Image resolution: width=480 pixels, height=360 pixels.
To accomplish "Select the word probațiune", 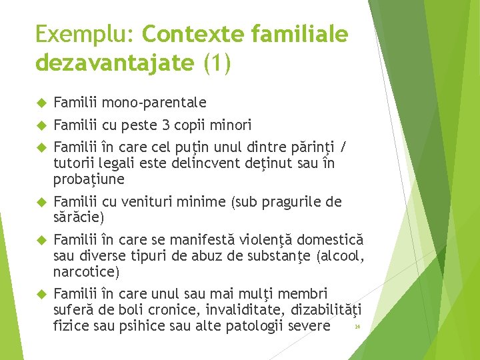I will tap(89, 179).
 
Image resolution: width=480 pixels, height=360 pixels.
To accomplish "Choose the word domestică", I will tap(329, 240).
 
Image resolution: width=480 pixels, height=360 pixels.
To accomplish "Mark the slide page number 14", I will tap(357, 327).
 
